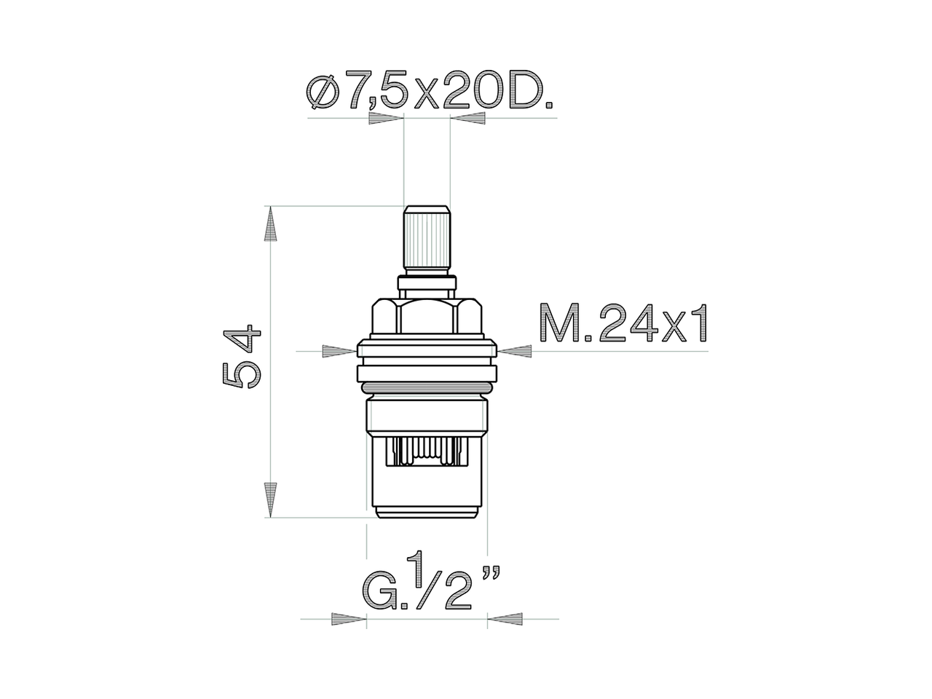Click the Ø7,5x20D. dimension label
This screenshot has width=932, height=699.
point(430,92)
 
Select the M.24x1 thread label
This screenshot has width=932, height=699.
point(623,325)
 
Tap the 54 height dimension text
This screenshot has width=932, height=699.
point(241,357)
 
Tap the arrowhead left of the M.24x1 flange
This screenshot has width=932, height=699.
point(339,351)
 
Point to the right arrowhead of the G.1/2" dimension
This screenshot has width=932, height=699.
point(505,620)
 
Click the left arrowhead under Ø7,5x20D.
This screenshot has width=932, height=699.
point(386,119)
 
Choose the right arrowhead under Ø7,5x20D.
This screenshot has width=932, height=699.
point(467,119)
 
